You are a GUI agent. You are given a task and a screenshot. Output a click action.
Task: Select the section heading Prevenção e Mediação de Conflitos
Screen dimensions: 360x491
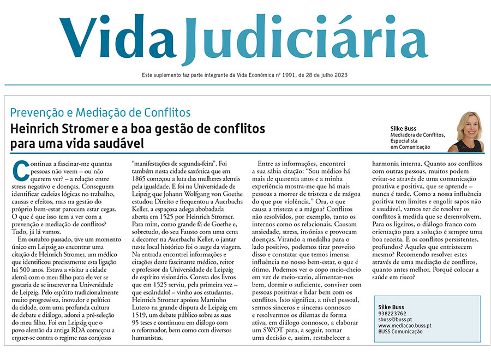[100, 113]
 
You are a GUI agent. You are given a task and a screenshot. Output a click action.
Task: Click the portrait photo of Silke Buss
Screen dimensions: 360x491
[465, 131]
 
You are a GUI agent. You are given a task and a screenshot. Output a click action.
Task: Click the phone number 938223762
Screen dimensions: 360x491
[392, 314]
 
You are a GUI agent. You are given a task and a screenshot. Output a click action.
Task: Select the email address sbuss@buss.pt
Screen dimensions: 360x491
[396, 320]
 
